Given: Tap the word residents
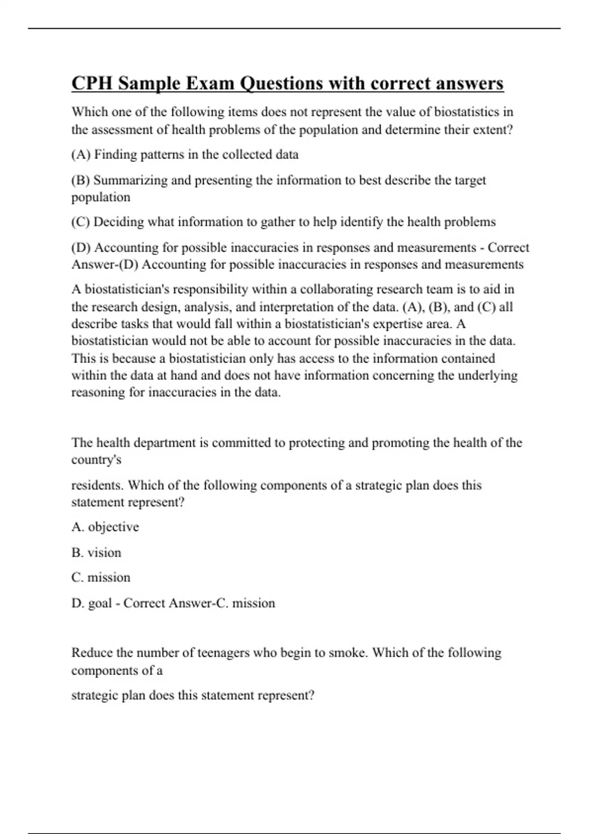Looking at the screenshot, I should tap(97, 485).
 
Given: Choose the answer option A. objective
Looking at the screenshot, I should tap(105, 527).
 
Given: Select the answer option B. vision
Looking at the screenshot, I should tap(96, 552).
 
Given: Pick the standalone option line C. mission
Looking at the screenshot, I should tap(101, 577).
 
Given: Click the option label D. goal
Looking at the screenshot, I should tap(92, 603).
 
